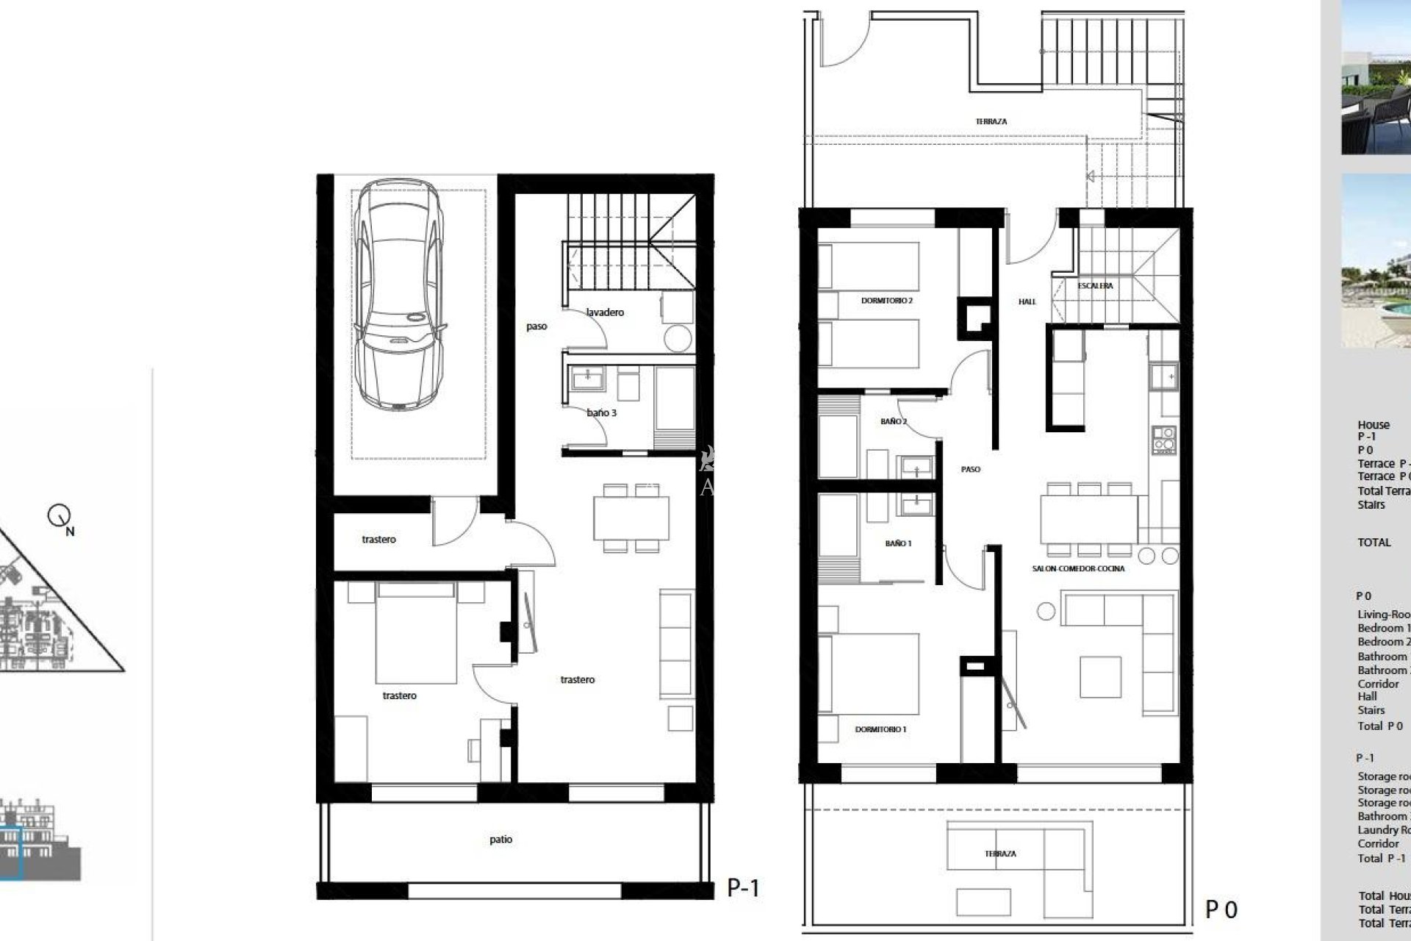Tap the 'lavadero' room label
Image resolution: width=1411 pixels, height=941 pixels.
pyautogui.click(x=605, y=312)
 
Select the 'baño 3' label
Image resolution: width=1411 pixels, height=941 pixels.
pyautogui.click(x=601, y=413)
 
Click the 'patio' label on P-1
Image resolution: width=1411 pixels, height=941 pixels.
pyautogui.click(x=500, y=840)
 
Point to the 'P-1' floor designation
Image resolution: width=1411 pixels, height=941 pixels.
pyautogui.click(x=743, y=888)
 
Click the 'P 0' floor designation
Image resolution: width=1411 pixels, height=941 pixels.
pyautogui.click(x=1221, y=910)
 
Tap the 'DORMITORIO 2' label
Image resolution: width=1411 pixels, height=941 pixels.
pyautogui.click(x=886, y=301)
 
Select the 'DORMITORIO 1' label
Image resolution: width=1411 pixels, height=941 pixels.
pyautogui.click(x=880, y=729)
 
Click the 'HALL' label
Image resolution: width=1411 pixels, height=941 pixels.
pyautogui.click(x=1027, y=301)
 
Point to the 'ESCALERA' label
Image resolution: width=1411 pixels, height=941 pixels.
pyautogui.click(x=1095, y=286)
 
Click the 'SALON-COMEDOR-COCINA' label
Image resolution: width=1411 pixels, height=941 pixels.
pyautogui.click(x=1077, y=568)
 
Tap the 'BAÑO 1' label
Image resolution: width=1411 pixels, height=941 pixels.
pyautogui.click(x=898, y=543)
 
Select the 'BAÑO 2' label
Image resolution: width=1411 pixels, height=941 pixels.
pyautogui.click(x=894, y=422)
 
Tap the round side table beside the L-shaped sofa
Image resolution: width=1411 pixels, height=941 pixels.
pyautogui.click(x=1046, y=610)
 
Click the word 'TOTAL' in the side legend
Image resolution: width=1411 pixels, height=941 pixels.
pyautogui.click(x=1374, y=543)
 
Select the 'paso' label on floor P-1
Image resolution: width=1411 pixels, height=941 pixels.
pyautogui.click(x=536, y=326)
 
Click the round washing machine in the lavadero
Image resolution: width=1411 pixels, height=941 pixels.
pyautogui.click(x=677, y=338)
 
